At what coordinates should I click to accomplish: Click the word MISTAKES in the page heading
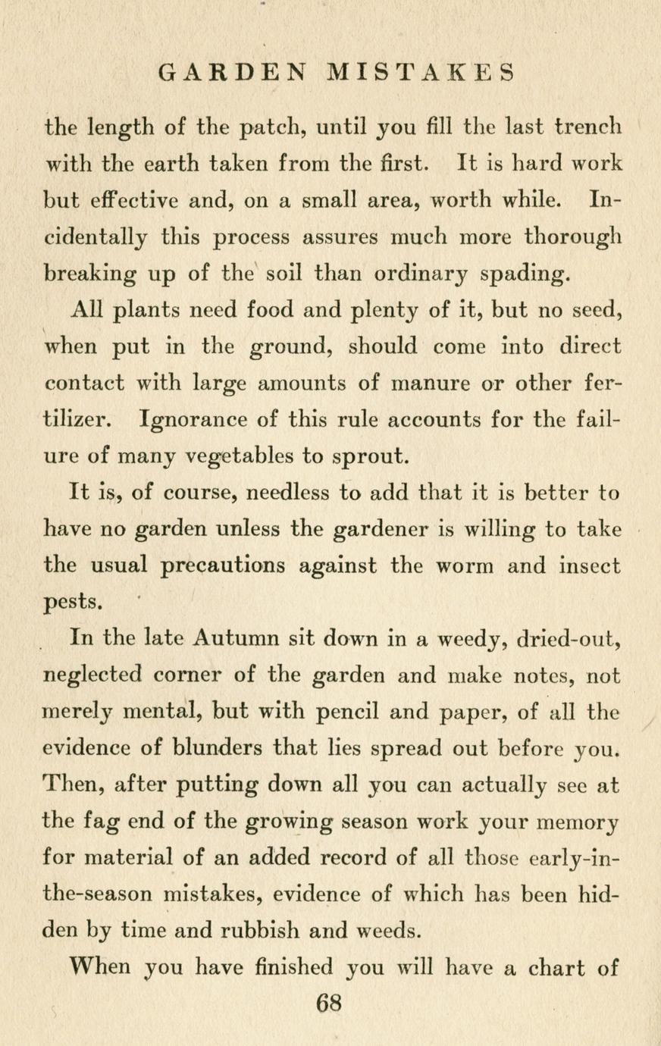pos(421,74)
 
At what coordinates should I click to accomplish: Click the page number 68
pos(330,1004)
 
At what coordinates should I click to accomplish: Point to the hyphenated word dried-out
pos(569,638)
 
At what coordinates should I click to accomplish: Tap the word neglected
pos(93,675)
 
